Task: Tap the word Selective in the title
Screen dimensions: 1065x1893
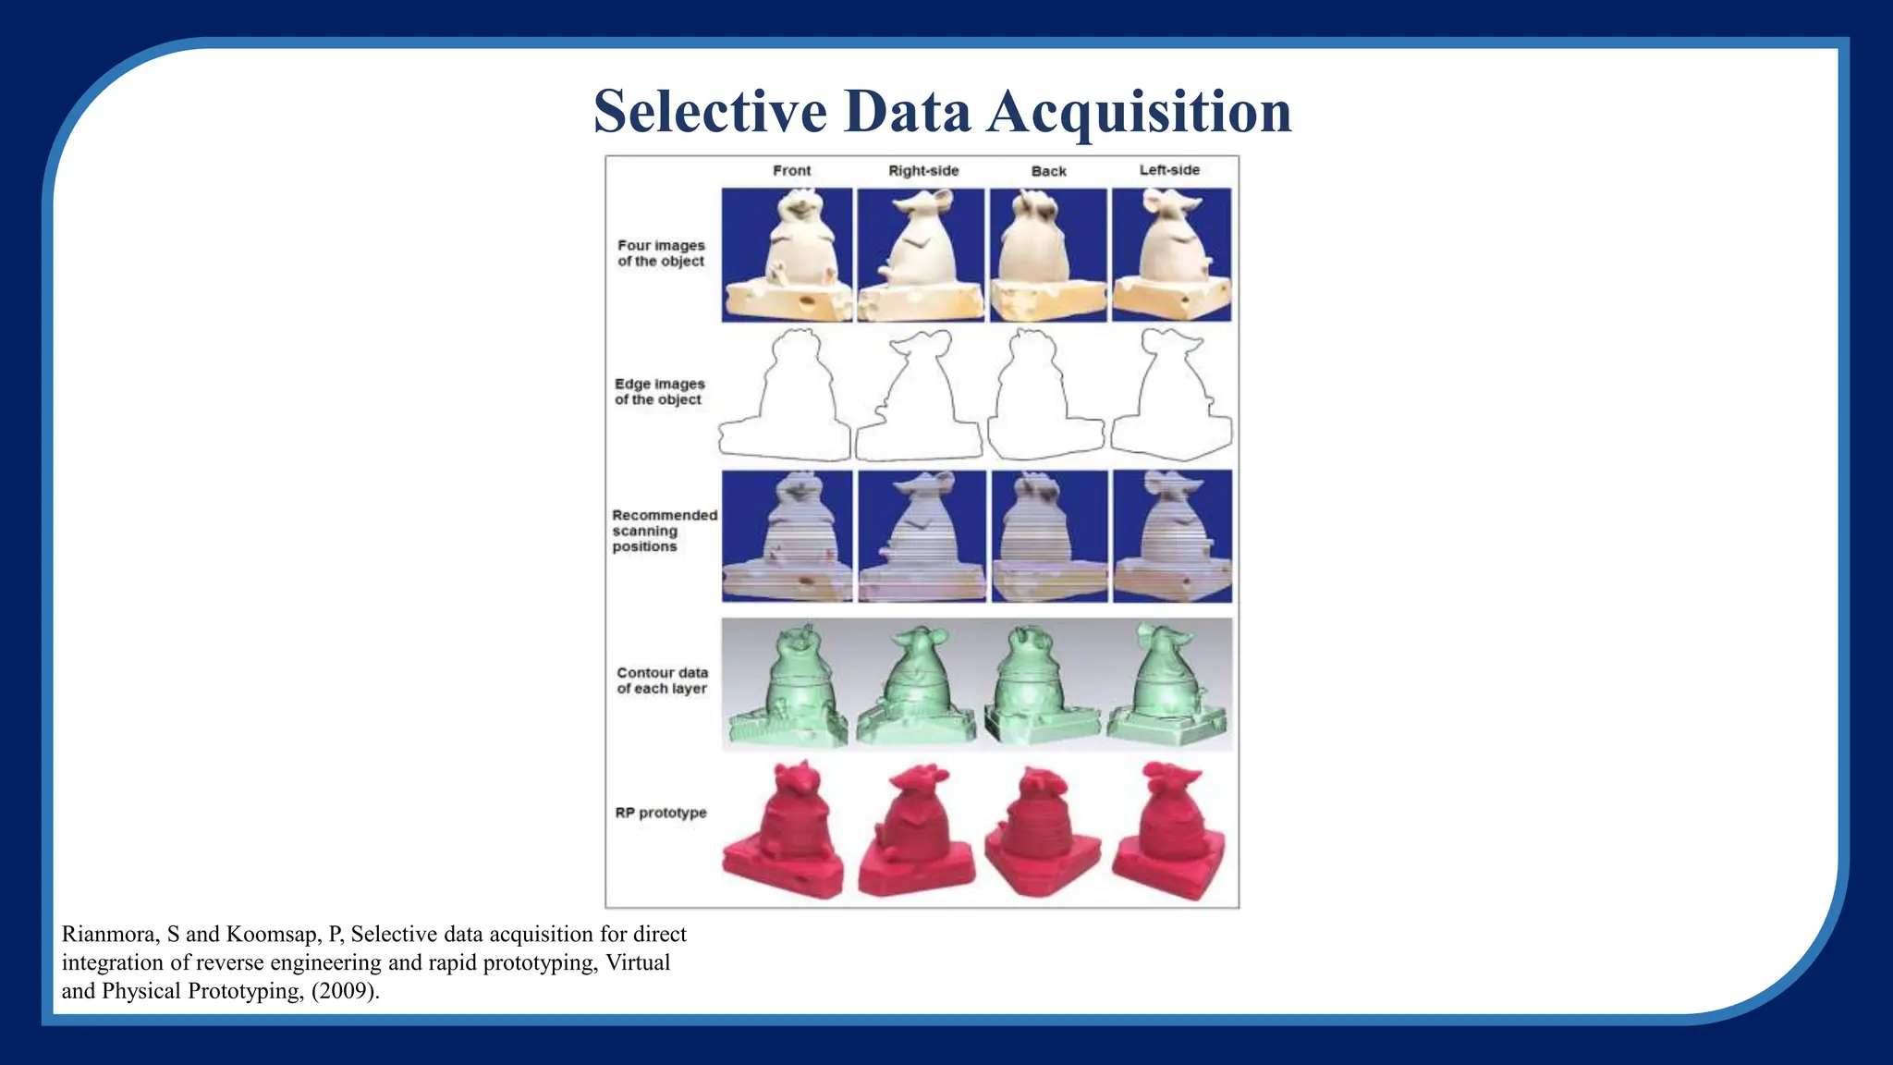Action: tap(710, 112)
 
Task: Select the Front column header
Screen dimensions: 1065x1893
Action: tap(791, 171)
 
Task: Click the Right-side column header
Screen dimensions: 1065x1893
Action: tap(923, 171)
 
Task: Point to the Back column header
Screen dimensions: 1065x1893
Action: tap(1048, 172)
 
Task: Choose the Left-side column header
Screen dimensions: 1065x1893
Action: tap(1169, 170)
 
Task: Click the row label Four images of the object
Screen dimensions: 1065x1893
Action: tap(661, 253)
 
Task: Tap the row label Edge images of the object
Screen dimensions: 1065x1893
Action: tap(659, 391)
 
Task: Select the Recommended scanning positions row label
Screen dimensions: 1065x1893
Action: tap(664, 531)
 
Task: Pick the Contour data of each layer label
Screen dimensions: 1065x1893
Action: tap(662, 680)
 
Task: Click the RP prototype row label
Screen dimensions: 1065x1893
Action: tap(660, 813)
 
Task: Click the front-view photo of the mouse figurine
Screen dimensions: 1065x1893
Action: tap(787, 255)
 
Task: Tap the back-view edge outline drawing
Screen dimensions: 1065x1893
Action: tap(1045, 396)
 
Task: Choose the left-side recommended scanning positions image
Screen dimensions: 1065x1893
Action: tap(1171, 536)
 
